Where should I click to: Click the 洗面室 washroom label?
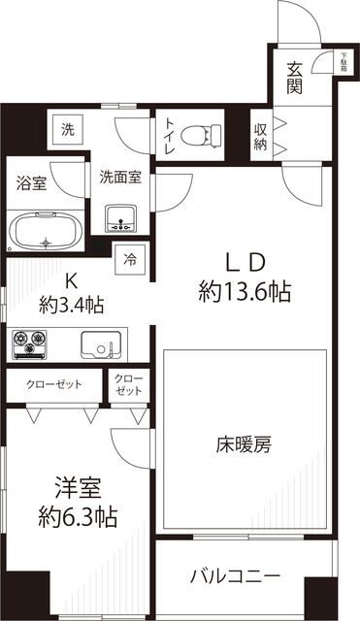tap(121, 178)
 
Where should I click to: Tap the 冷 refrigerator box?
tap(130, 259)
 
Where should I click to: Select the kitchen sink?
tap(100, 345)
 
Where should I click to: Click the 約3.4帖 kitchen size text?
tap(70, 303)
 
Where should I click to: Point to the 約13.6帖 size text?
tap(245, 290)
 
